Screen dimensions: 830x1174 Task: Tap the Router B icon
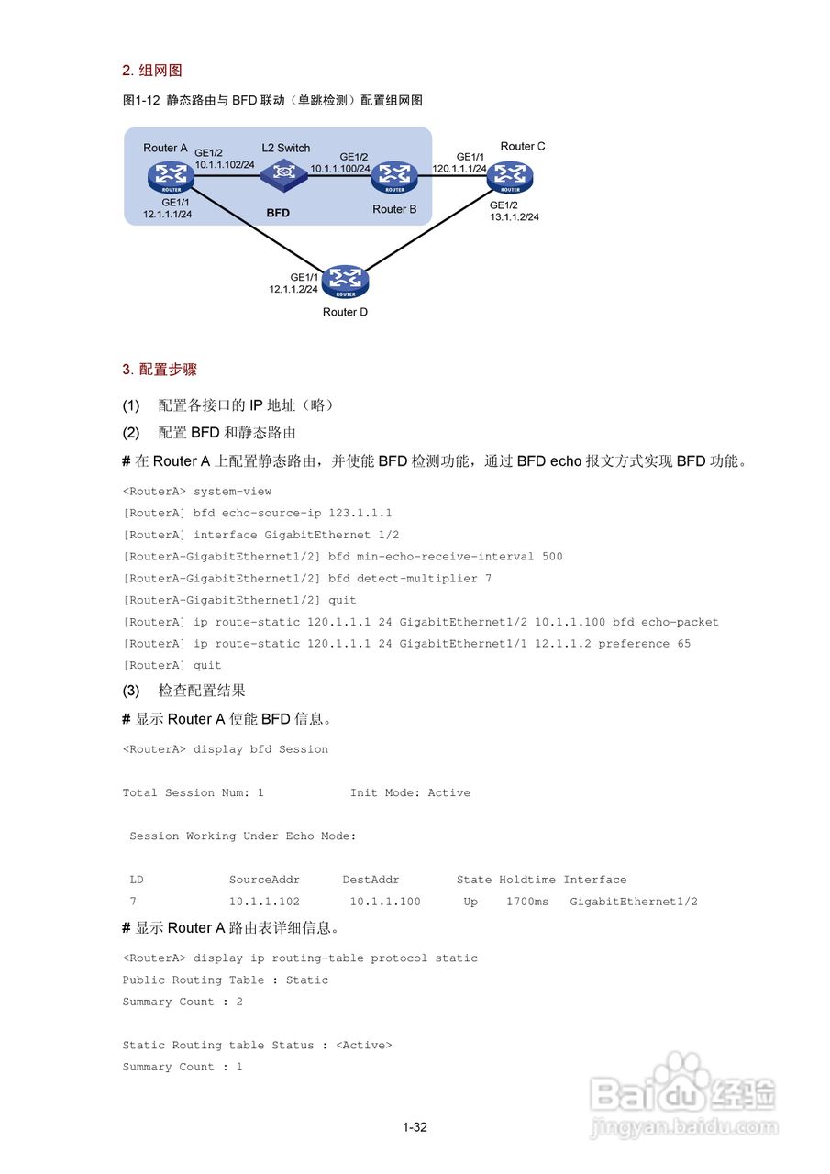[394, 176]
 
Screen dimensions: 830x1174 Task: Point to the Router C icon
[510, 174]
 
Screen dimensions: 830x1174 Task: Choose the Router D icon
[346, 282]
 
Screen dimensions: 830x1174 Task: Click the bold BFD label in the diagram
[278, 213]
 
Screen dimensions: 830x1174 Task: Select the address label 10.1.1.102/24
[225, 164]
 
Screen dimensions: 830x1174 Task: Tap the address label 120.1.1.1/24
[459, 169]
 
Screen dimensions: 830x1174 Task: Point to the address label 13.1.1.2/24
[515, 217]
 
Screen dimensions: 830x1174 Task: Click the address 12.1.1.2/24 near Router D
[293, 289]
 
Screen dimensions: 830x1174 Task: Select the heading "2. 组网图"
[156, 71]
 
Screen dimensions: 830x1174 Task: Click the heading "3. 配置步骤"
[160, 370]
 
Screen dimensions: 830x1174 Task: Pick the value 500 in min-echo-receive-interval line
[552, 557]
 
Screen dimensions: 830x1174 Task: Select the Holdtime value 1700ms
[527, 902]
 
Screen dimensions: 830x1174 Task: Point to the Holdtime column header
[527, 880]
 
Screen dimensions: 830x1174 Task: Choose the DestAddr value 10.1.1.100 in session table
[385, 902]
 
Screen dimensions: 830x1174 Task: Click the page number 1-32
[415, 1127]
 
